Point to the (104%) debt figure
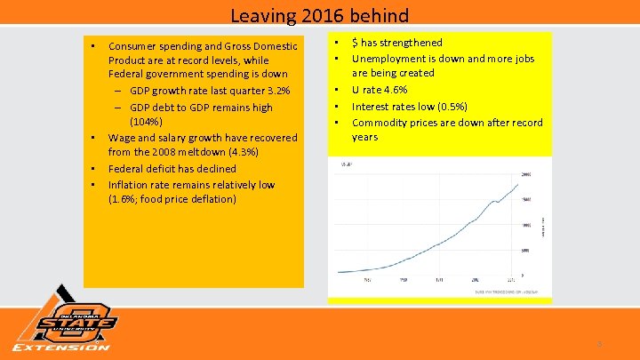pyautogui.click(x=146, y=121)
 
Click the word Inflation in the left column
pyautogui.click(x=129, y=185)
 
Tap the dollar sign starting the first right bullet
pyautogui.click(x=356, y=43)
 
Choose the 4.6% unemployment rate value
pyautogui.click(x=392, y=90)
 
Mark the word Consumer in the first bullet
pyautogui.click(x=132, y=44)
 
